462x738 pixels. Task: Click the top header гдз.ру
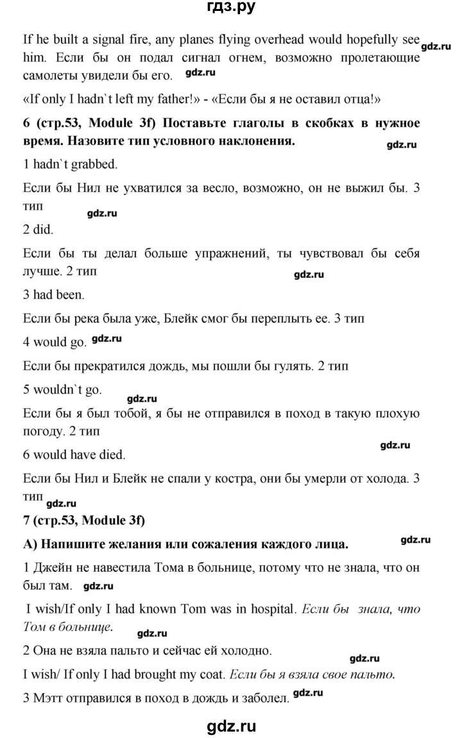[x=231, y=10]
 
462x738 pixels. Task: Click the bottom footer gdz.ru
[x=231, y=726]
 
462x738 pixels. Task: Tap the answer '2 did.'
[x=38, y=229]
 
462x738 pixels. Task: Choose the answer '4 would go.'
[x=55, y=342]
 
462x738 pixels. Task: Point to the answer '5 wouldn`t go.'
[x=62, y=390]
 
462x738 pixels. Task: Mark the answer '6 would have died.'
[x=74, y=454]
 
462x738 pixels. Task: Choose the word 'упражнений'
[x=235, y=253]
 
